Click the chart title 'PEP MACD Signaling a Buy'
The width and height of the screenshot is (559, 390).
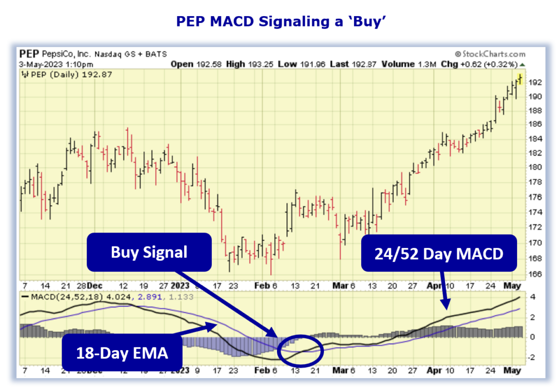279,21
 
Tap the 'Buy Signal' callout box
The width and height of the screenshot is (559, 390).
149,252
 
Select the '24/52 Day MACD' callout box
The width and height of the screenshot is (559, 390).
439,253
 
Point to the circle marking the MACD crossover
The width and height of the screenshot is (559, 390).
300,350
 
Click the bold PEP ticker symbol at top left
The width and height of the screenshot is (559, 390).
28,54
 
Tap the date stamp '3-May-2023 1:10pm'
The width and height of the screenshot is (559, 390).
56,64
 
